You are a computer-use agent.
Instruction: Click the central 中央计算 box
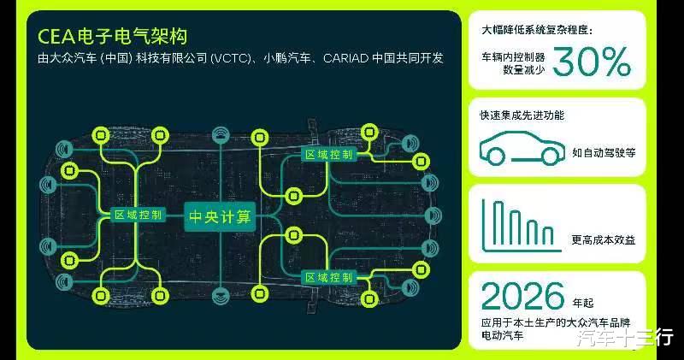click(221, 215)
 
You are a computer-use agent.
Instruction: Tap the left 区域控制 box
click(138, 215)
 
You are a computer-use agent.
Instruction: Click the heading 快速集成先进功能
click(523, 115)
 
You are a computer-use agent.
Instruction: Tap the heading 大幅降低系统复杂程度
click(535, 31)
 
